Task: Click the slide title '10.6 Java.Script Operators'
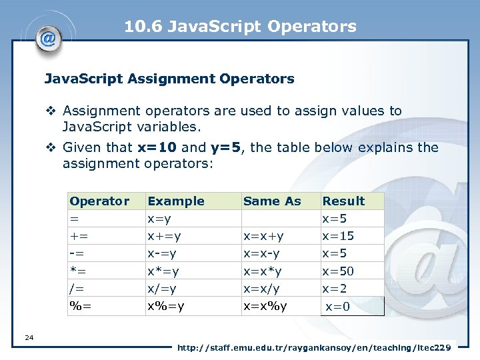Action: pos(240,27)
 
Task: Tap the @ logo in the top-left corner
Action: pos(48,38)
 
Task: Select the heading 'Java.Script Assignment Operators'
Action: pos(169,79)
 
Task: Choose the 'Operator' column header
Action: pos(99,201)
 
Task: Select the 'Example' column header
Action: pos(176,201)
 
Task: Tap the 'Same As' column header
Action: pos(272,201)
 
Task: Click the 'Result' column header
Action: pos(343,201)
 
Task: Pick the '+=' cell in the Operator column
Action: pos(79,236)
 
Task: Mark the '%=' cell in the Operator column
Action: pos(81,306)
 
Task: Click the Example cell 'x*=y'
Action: pos(163,271)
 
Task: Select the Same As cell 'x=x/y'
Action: pos(261,289)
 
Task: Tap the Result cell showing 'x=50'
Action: pos(338,271)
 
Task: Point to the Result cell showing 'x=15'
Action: pos(338,236)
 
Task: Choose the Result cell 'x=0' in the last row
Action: pos(337,307)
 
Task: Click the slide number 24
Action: pos(29,338)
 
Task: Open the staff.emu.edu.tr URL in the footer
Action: pos(314,347)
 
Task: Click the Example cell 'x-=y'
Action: pos(163,253)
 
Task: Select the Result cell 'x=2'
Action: pos(335,289)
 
